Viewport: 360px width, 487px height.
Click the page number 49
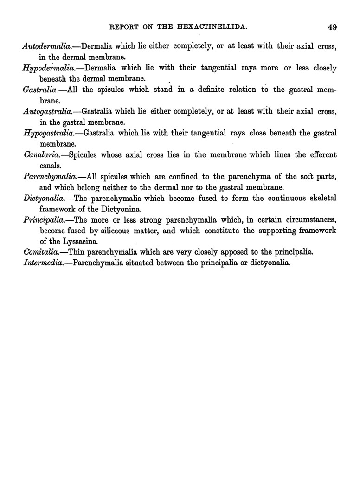(332, 27)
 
